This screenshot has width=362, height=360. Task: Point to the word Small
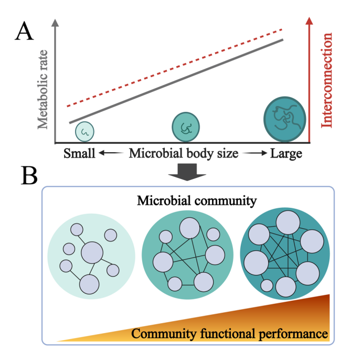pos(80,154)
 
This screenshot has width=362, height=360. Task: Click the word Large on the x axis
pos(286,154)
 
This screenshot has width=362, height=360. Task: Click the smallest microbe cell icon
pos(85,132)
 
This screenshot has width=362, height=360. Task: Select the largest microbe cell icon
pos(284,119)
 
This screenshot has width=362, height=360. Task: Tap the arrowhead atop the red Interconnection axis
pos(310,21)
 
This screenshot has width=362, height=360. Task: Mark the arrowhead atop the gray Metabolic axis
pos(56,23)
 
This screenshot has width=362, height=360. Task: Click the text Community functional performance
pos(230,333)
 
